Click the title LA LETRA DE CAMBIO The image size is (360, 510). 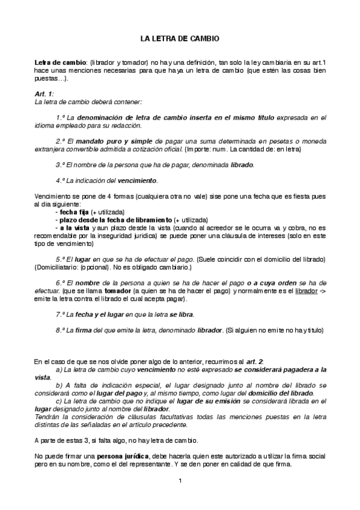pyautogui.click(x=180, y=38)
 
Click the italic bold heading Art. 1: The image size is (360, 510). pyautogui.click(x=44, y=94)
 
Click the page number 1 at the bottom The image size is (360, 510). pyautogui.click(x=180, y=481)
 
